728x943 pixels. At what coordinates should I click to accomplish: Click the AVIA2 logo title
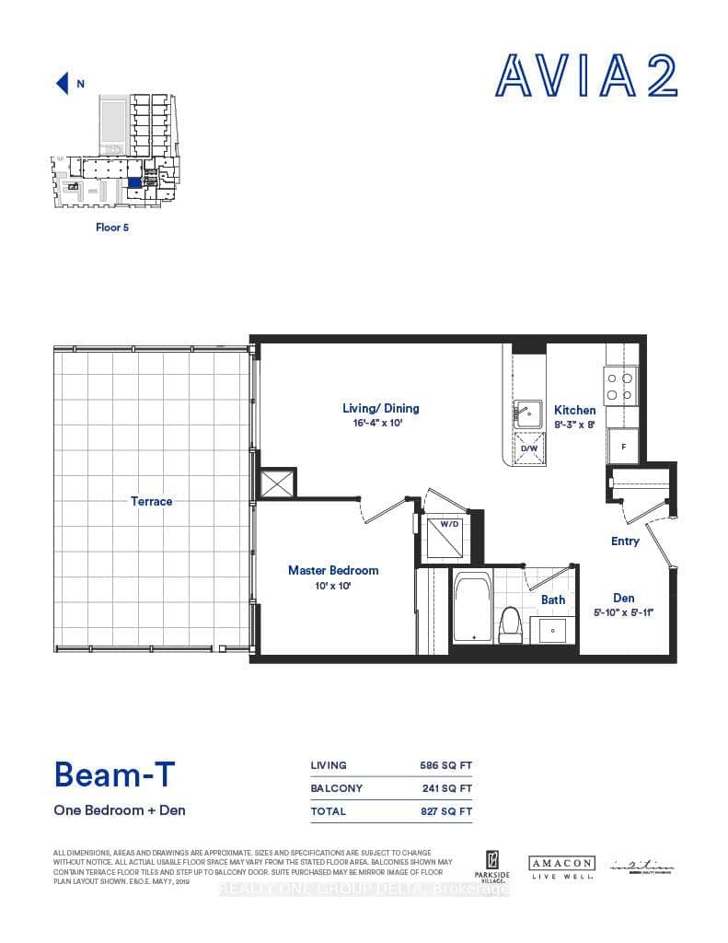pyautogui.click(x=587, y=76)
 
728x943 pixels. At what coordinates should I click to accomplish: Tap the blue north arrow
pyautogui.click(x=63, y=84)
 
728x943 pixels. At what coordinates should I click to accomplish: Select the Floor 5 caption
pyautogui.click(x=112, y=227)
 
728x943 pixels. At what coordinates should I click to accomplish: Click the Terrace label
pyautogui.click(x=152, y=501)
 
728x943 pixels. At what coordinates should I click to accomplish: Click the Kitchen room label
pyautogui.click(x=574, y=410)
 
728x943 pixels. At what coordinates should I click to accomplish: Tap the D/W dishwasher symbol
pyautogui.click(x=528, y=449)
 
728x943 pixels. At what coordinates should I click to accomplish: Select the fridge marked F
pyautogui.click(x=623, y=447)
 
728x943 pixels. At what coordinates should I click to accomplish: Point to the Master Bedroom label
pyautogui.click(x=333, y=570)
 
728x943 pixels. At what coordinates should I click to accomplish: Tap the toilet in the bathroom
pyautogui.click(x=510, y=627)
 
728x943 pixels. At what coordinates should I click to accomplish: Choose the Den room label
pyautogui.click(x=623, y=598)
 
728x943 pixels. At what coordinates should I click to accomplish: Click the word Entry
pyautogui.click(x=625, y=541)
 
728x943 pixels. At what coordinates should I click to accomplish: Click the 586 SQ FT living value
pyautogui.click(x=445, y=765)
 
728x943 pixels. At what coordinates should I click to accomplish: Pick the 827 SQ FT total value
pyautogui.click(x=445, y=811)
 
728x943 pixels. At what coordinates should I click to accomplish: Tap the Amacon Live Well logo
pyautogui.click(x=560, y=867)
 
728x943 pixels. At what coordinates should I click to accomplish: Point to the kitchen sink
pyautogui.click(x=528, y=411)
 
